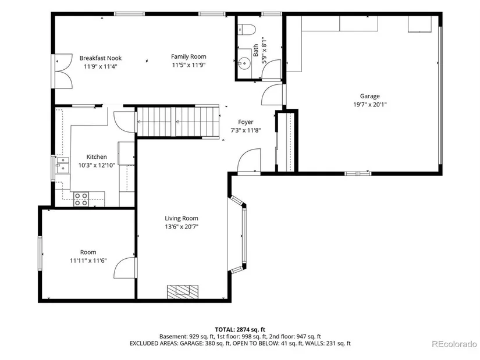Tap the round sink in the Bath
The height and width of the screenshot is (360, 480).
[x=245, y=63]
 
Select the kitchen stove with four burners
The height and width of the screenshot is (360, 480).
[x=81, y=199]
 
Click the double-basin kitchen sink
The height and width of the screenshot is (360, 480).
[x=62, y=165]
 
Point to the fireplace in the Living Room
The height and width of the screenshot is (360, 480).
[x=183, y=291]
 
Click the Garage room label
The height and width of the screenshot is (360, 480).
[x=370, y=96]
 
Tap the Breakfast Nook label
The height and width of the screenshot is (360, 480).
[x=101, y=58]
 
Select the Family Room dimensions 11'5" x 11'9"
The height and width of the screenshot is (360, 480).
[x=189, y=65]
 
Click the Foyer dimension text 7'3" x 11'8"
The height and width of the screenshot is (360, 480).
[x=246, y=130]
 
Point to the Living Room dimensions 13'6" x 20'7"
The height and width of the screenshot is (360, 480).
[x=182, y=227]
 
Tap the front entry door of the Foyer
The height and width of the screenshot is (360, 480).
[x=249, y=161]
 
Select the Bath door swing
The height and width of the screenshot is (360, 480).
[x=271, y=69]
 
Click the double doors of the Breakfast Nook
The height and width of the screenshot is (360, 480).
[x=63, y=72]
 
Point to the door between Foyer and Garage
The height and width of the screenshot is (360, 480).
[x=272, y=95]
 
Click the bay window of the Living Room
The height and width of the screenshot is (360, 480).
[x=237, y=234]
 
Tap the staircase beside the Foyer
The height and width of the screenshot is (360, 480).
[x=178, y=122]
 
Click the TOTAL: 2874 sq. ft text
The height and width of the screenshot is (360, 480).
[x=240, y=330]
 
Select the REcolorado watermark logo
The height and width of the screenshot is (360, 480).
[x=454, y=344]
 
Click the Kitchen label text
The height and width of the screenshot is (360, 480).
[x=97, y=156]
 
